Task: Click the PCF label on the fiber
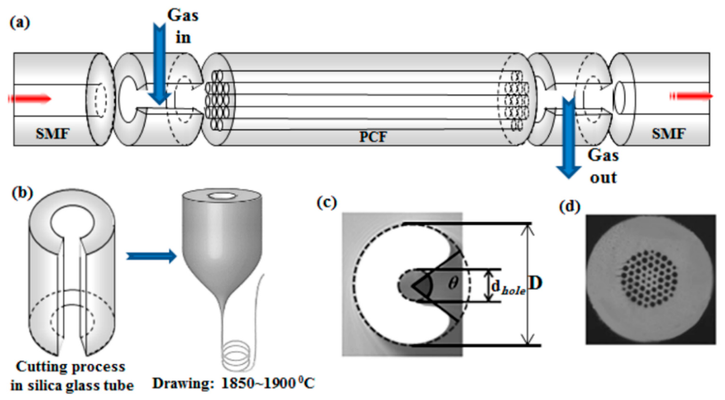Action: pyautogui.click(x=373, y=137)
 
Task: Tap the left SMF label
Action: pyautogui.click(x=52, y=133)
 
